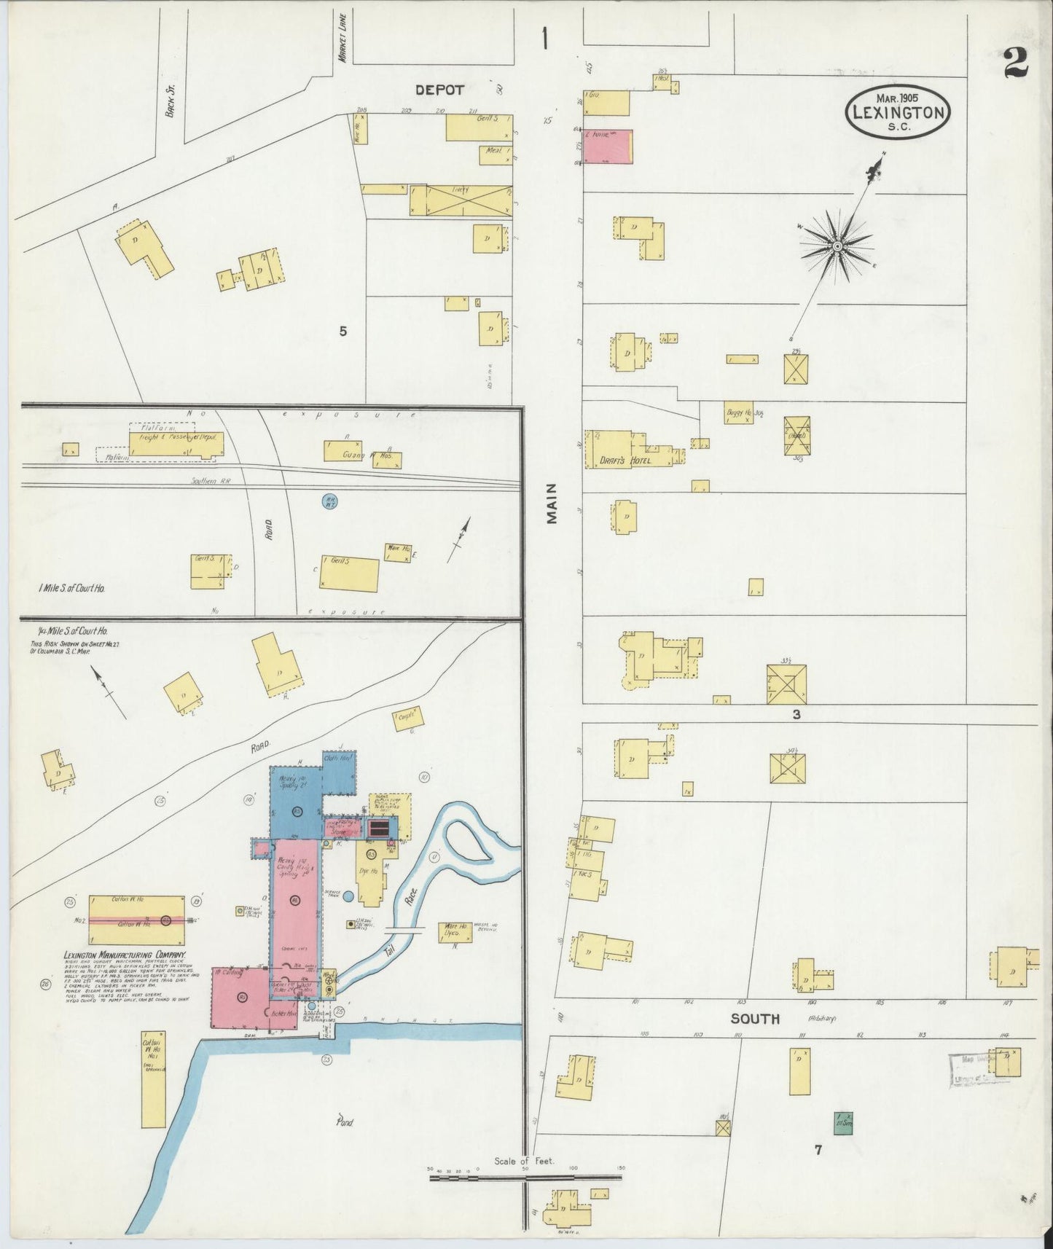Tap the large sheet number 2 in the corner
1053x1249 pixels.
1016,65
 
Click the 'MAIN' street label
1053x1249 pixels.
552,504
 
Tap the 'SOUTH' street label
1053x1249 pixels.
755,1019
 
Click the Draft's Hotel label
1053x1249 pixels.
621,460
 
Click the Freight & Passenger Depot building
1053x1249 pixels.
176,442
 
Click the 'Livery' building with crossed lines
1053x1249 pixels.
461,200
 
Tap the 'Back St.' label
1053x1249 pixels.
171,103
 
